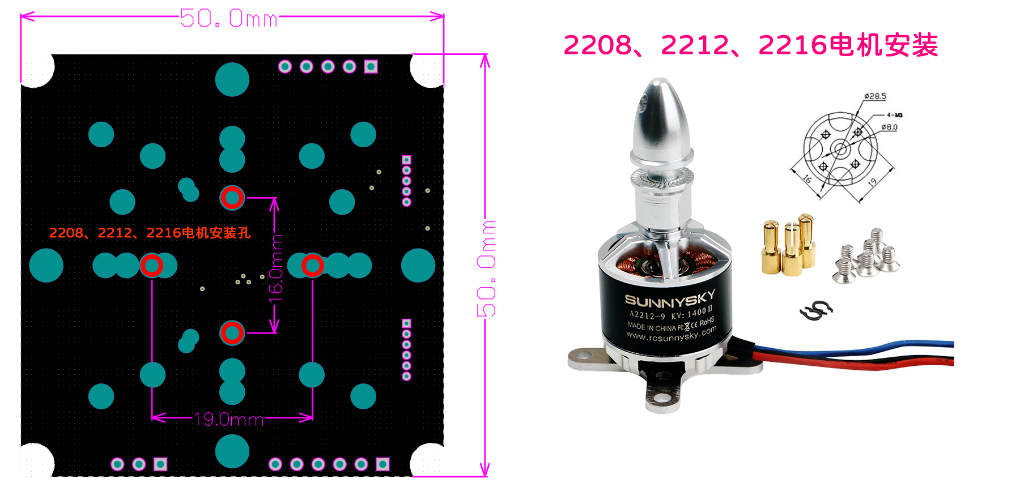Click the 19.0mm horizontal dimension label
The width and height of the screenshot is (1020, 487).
pos(228,420)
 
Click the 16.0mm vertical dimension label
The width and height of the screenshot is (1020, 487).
pos(275,265)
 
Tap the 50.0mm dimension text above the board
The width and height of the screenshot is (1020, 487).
pos(229,19)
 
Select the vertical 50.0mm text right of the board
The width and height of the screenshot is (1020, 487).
pos(486,268)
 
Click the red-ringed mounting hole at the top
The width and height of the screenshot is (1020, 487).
pos(232,198)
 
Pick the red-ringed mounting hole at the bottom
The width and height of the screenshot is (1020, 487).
pos(232,333)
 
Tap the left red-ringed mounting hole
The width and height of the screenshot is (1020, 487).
pos(151,265)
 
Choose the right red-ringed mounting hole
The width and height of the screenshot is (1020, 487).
pos(312,265)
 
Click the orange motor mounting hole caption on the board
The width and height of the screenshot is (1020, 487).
pos(150,233)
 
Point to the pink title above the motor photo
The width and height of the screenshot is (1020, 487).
pos(750,45)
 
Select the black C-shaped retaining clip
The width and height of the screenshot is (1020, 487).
pos(816,310)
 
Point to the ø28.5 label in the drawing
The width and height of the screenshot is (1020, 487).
pos(875,96)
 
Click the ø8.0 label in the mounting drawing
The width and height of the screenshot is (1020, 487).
pos(889,127)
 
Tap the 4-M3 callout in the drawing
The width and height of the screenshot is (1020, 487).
pos(895,115)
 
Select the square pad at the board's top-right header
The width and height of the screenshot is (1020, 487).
pos(371,67)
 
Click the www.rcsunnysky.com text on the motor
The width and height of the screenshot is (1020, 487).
pos(671,335)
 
